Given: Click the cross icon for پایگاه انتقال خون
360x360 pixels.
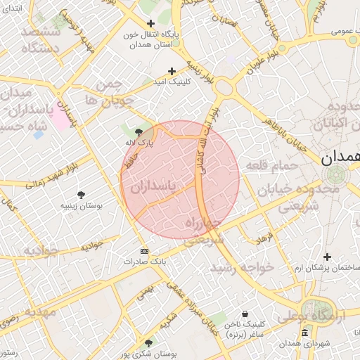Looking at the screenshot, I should (x=150, y=23).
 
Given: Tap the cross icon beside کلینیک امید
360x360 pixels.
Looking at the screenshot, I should (x=172, y=71).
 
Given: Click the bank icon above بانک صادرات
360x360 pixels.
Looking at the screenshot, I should (x=145, y=251).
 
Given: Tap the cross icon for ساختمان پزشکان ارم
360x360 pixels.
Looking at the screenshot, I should (x=326, y=257).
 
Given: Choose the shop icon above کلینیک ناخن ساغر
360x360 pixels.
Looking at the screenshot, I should (x=244, y=314).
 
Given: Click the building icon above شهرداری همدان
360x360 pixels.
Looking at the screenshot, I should (x=304, y=332).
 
